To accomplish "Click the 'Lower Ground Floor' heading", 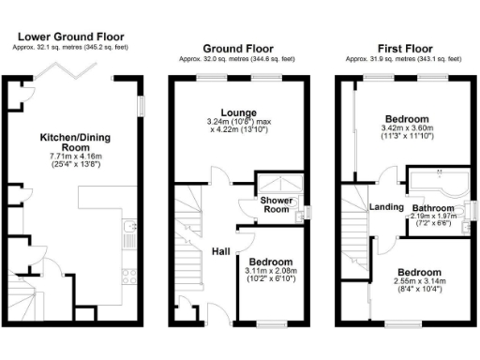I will [70, 37].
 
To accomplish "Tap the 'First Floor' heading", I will [404, 47].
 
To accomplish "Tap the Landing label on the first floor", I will [386, 207].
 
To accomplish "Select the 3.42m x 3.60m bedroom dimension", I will [406, 132].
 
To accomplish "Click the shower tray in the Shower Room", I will [277, 185].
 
